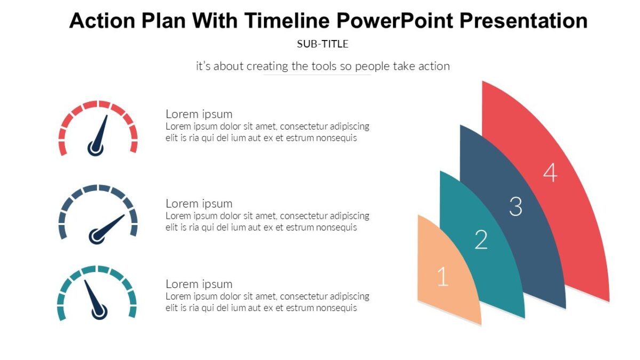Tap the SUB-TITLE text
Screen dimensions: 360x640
click(323, 44)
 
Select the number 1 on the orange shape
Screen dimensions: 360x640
click(443, 277)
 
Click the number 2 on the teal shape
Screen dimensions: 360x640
click(481, 240)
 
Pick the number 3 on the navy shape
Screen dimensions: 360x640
click(515, 206)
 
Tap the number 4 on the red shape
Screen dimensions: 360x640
click(550, 173)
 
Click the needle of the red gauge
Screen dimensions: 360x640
click(101, 131)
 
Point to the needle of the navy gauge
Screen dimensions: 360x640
click(111, 225)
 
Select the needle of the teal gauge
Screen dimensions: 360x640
click(92, 295)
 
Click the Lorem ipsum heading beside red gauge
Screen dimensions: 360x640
click(199, 114)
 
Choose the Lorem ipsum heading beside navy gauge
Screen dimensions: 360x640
click(199, 203)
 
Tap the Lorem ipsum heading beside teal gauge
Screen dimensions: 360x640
click(199, 284)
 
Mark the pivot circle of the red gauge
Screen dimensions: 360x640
click(95, 148)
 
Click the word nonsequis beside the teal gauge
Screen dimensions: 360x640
click(337, 308)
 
